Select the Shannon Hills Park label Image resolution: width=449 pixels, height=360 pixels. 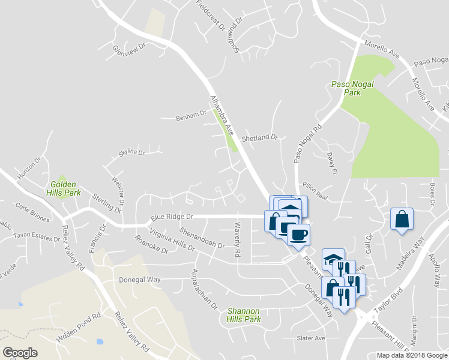[244, 315]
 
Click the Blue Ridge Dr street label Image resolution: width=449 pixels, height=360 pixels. [172, 217]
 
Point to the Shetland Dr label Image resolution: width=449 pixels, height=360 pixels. [260, 138]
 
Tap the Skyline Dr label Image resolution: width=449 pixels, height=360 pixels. [131, 153]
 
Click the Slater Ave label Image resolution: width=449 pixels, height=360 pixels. [311, 338]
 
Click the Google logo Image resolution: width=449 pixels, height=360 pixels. [20, 352]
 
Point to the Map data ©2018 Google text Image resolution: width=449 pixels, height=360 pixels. [412, 355]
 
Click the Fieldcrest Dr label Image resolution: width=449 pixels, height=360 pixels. [209, 17]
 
